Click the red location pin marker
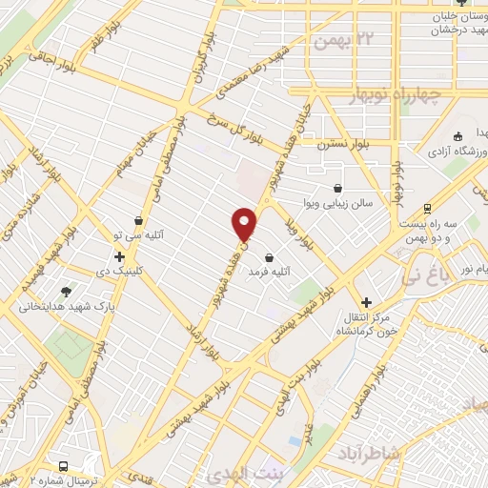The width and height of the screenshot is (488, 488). pyautogui.click(x=245, y=223)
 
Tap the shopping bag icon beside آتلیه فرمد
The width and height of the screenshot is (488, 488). pyautogui.click(x=269, y=257)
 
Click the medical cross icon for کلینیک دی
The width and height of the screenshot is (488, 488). pyautogui.click(x=119, y=256)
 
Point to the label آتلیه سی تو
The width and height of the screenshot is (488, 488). pyautogui.click(x=138, y=234)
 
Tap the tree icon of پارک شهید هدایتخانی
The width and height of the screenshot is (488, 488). pyautogui.click(x=66, y=292)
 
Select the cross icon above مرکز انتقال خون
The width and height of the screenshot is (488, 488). pyautogui.click(x=366, y=301)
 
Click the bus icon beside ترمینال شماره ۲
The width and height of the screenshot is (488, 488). pyautogui.click(x=64, y=466)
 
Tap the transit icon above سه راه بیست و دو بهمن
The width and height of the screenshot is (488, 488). pyautogui.click(x=426, y=209)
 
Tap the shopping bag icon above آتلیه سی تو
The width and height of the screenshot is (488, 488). pyautogui.click(x=138, y=220)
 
